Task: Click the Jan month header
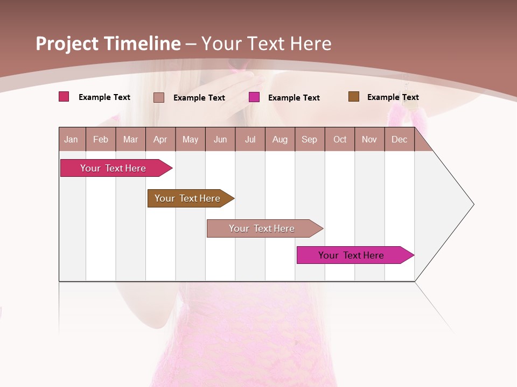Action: point(71,140)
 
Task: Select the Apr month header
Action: point(160,140)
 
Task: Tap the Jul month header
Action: point(250,140)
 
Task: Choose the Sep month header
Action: point(309,140)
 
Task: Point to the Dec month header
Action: point(399,140)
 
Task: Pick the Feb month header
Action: point(101,140)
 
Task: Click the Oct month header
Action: point(340,140)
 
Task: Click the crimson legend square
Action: point(64,97)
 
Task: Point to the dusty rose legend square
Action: point(159,97)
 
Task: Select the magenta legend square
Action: point(254,97)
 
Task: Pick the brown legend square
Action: point(354,97)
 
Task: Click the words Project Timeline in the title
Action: point(108,44)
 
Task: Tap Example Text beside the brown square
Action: point(393,97)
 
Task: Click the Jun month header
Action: point(220,140)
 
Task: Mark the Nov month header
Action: point(369,140)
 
